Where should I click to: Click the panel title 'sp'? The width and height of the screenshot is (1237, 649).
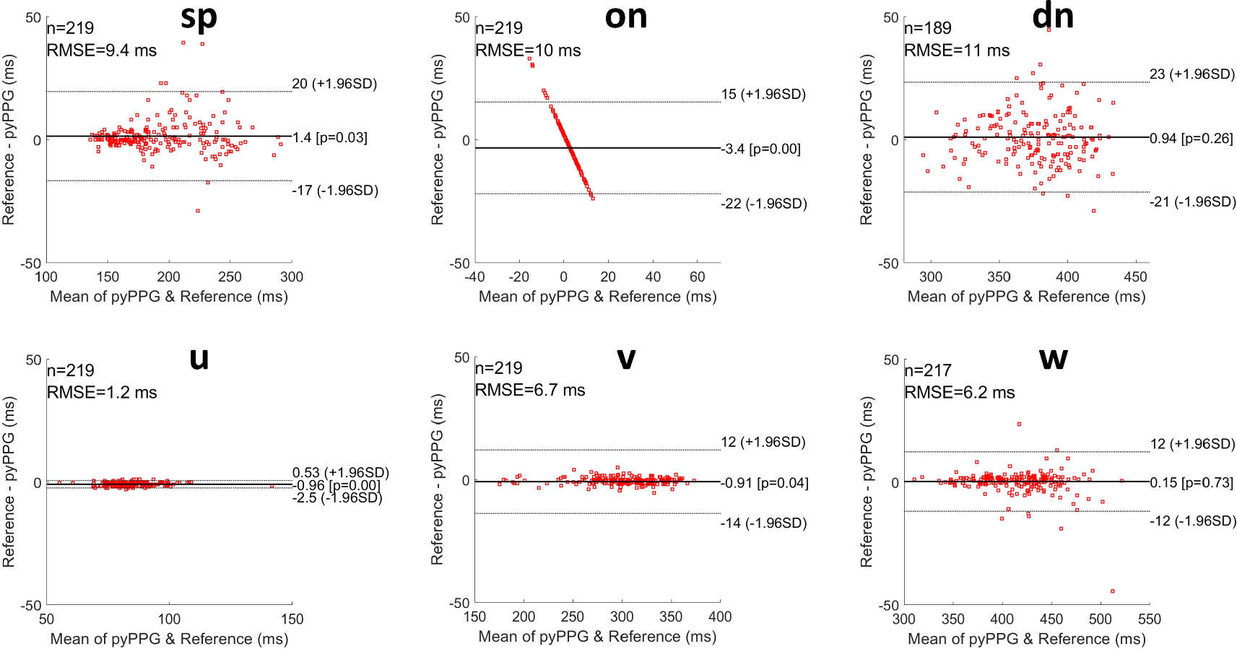click(199, 17)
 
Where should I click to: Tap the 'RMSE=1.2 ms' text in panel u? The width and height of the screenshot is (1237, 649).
click(102, 393)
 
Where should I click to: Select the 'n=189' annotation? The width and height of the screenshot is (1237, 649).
click(928, 28)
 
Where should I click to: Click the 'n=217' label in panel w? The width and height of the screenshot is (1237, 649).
click(928, 370)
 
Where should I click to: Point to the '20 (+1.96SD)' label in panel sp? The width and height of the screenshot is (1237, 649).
click(334, 84)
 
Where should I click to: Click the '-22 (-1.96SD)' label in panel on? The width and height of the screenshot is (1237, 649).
click(763, 204)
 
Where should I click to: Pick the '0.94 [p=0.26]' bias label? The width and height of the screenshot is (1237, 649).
click(1191, 139)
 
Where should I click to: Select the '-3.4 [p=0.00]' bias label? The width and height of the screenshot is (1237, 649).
click(761, 149)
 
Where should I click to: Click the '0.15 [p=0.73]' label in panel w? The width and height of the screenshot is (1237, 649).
click(1191, 483)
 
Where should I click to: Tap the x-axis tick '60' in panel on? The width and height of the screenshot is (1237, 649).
click(697, 276)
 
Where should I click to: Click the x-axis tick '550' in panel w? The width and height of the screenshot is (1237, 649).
click(1149, 619)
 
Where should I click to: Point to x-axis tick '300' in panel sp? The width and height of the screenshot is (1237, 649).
click(292, 276)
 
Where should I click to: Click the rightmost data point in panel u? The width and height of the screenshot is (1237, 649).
click(272, 487)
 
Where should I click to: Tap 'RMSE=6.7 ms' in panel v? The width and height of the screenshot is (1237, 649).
click(530, 391)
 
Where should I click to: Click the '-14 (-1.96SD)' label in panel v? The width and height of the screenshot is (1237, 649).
click(763, 523)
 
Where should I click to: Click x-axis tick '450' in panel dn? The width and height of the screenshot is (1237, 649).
click(1135, 276)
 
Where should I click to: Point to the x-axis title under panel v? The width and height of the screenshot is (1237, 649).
click(597, 637)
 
